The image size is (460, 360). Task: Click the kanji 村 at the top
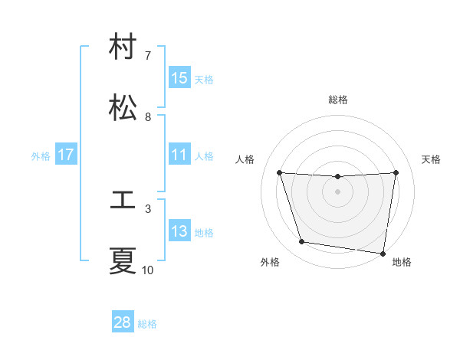point(123,47)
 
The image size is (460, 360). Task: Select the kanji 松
point(123,108)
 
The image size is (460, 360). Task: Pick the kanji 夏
point(123,261)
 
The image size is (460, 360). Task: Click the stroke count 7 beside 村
point(148,56)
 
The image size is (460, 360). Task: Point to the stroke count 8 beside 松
point(148,117)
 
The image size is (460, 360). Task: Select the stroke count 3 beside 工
point(148,208)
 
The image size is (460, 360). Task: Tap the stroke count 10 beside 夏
point(148,270)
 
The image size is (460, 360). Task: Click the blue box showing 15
point(179,78)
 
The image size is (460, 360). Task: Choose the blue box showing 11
point(179,155)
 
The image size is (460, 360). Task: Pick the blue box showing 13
point(179,231)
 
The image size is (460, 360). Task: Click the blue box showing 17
point(66,155)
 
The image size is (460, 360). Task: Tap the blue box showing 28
point(123,322)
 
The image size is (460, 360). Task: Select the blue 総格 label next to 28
point(147,324)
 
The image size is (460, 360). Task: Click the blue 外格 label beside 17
point(41,156)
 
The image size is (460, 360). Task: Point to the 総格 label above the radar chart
point(338,100)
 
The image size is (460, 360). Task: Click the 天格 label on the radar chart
point(432,159)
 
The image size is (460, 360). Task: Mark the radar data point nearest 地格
point(383,253)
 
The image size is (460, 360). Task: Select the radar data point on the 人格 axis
point(280,172)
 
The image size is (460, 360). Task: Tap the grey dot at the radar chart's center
point(338,191)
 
